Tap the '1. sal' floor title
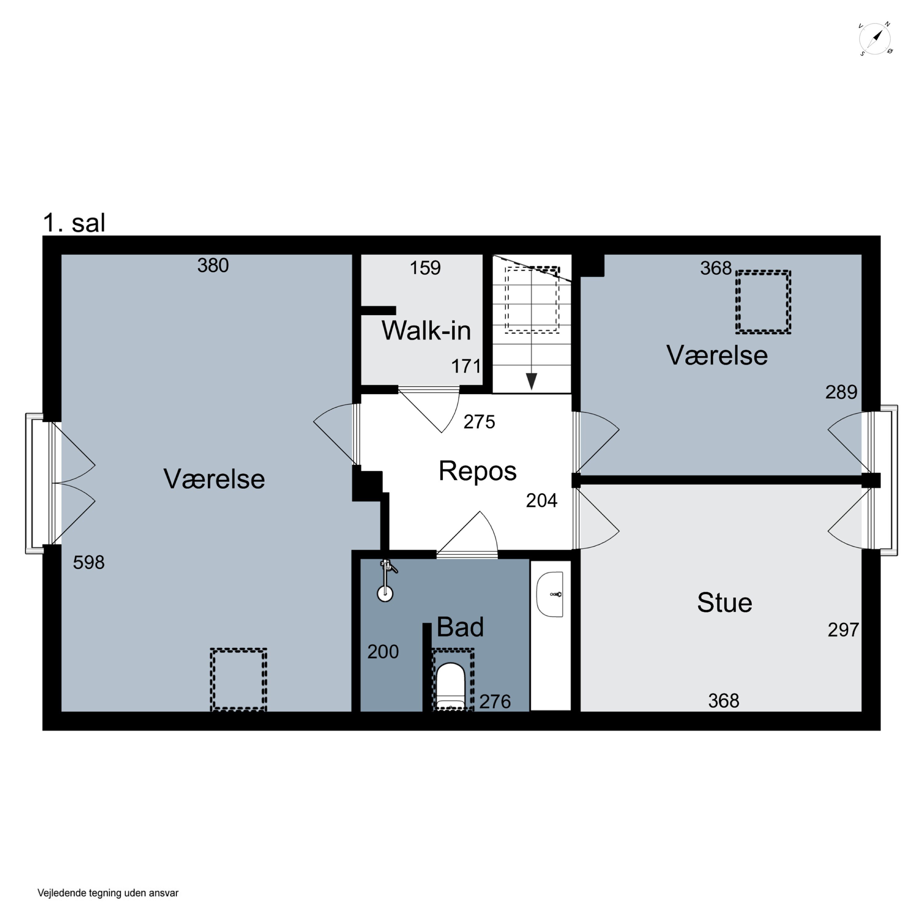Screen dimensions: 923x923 point(74,223)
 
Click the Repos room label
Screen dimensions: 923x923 point(477,471)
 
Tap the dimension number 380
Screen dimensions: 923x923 point(213,265)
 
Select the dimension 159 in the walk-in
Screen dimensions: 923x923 point(425,268)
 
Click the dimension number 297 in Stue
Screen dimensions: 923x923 point(843,630)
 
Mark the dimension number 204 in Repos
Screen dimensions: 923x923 point(542,500)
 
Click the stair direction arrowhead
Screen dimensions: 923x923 point(531,381)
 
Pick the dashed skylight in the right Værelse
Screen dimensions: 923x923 point(763,302)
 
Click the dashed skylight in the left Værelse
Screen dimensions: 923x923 point(238,679)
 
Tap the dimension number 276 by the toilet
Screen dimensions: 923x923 point(495,701)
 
